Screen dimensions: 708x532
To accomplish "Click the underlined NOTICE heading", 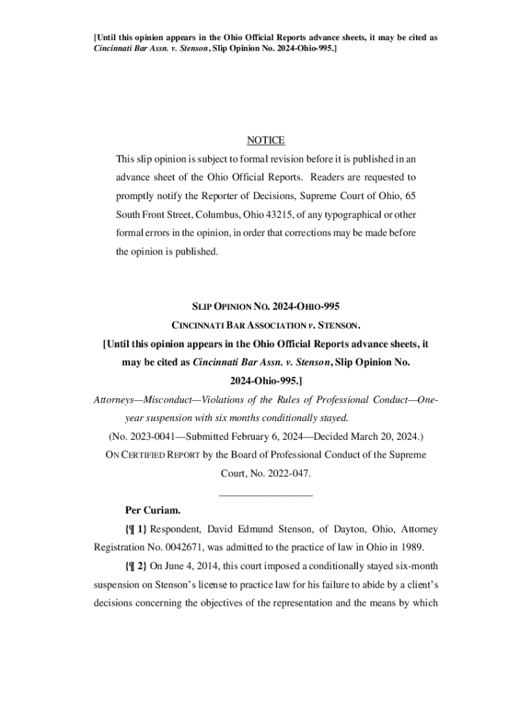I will click(265, 140).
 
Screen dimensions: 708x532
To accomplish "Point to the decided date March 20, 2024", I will click(388, 437).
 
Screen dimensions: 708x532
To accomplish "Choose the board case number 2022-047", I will click(288, 474).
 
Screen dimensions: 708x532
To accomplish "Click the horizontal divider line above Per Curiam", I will click(265, 494).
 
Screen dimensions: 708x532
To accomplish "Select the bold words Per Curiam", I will click(152, 511).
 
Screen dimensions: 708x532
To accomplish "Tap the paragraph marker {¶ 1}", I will click(137, 530).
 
